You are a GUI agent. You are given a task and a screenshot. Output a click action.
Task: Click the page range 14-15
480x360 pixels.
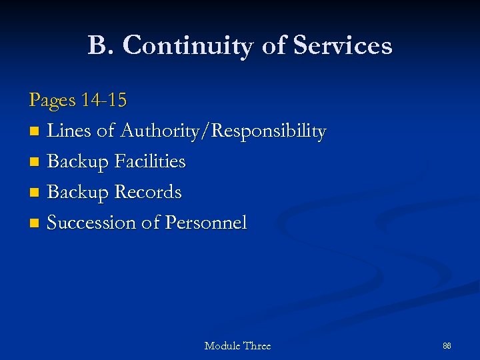(x=103, y=101)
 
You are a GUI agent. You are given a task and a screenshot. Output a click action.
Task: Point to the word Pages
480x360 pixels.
(x=52, y=101)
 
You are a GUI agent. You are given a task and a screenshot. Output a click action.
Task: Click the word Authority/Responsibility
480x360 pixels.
(x=223, y=131)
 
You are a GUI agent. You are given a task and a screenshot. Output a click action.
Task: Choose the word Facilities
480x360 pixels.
(x=150, y=161)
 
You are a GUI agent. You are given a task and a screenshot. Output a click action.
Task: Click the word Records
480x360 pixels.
(x=148, y=192)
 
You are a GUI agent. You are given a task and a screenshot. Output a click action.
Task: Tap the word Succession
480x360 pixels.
(x=91, y=223)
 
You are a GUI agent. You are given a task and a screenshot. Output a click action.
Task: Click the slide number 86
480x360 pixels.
(x=447, y=346)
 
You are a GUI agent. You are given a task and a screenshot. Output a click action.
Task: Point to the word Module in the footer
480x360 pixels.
(x=223, y=346)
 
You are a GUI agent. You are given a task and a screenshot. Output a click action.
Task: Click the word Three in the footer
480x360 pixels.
(x=257, y=346)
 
